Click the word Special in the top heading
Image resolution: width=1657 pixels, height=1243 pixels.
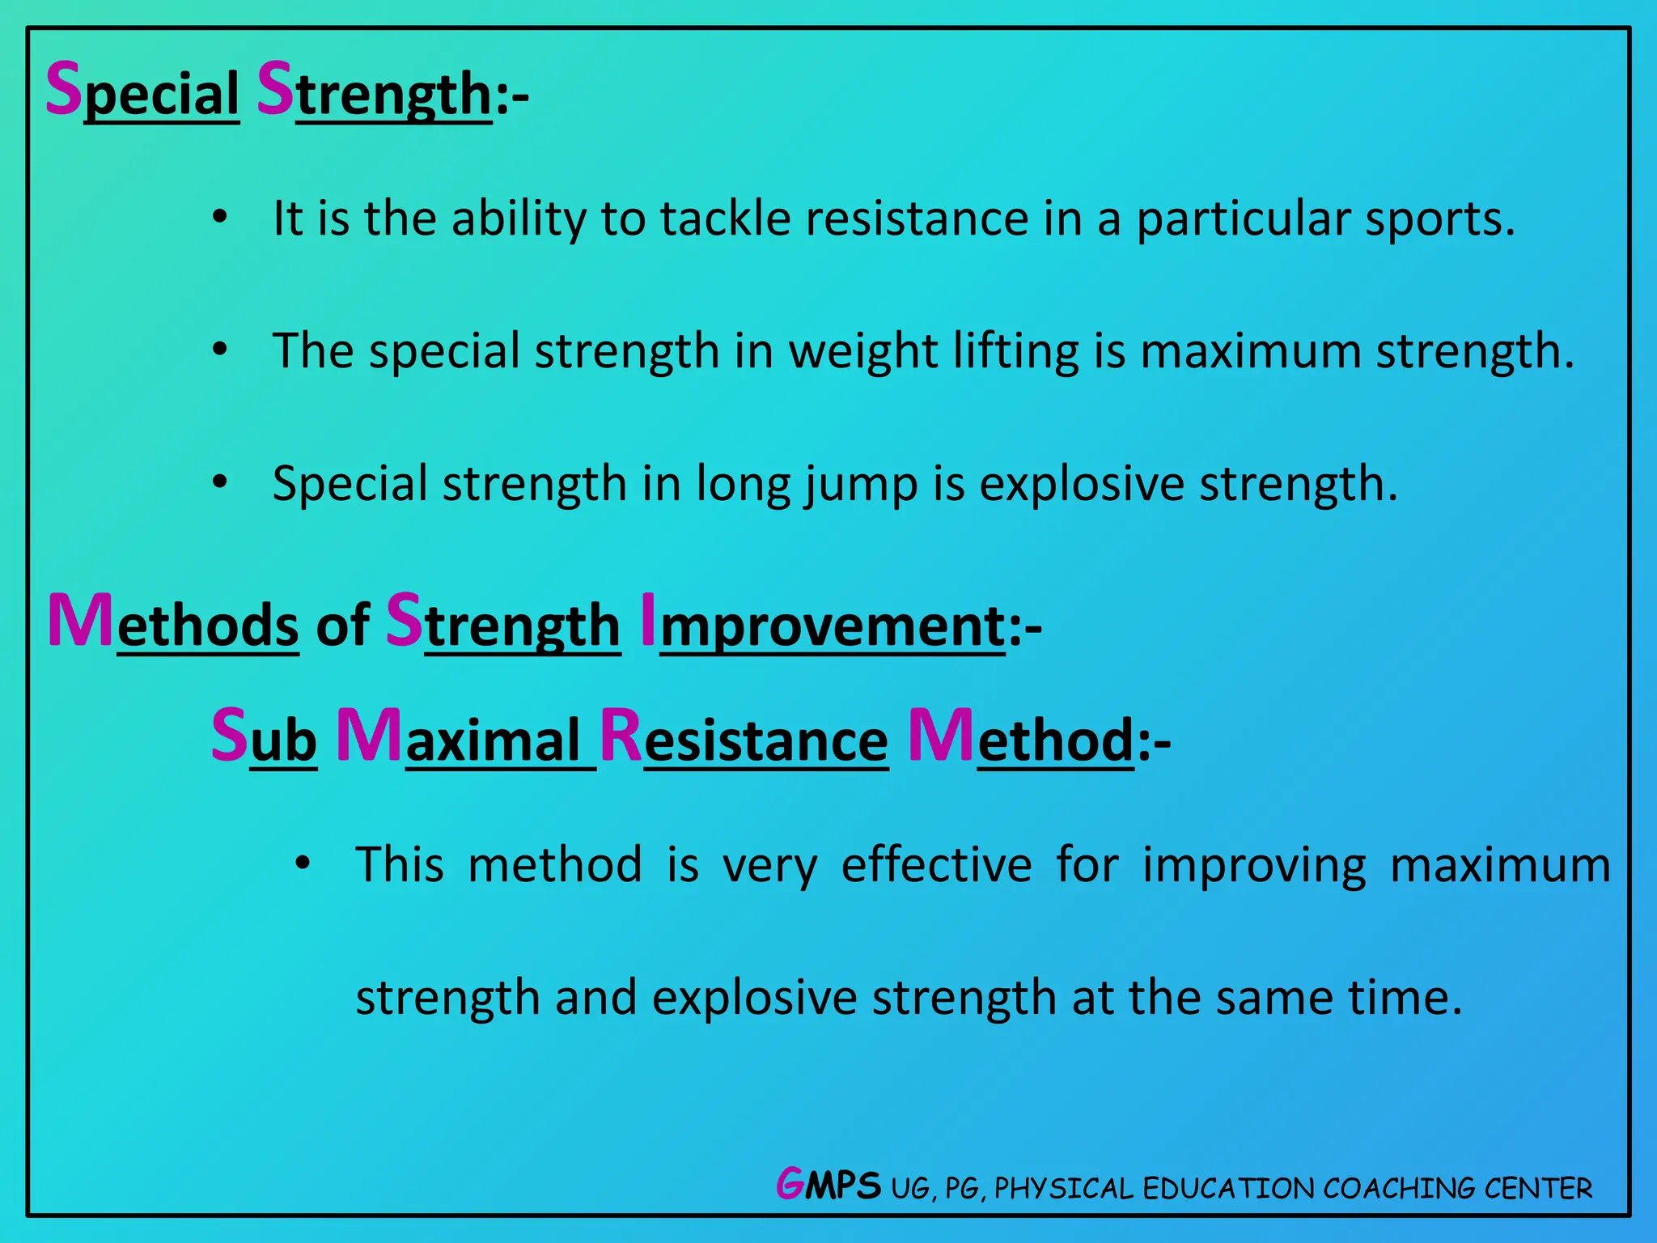tap(142, 92)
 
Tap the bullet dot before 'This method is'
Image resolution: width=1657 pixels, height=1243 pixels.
tap(302, 863)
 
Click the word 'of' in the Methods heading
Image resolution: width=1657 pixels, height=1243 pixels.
tap(343, 625)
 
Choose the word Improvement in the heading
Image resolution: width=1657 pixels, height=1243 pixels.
tap(823, 625)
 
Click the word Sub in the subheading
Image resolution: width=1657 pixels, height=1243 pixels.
tap(264, 739)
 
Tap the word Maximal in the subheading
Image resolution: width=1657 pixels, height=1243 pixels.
tap(466, 739)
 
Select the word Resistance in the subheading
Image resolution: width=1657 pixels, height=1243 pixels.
tap(744, 739)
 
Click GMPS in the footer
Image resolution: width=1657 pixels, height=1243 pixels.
tap(828, 1186)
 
